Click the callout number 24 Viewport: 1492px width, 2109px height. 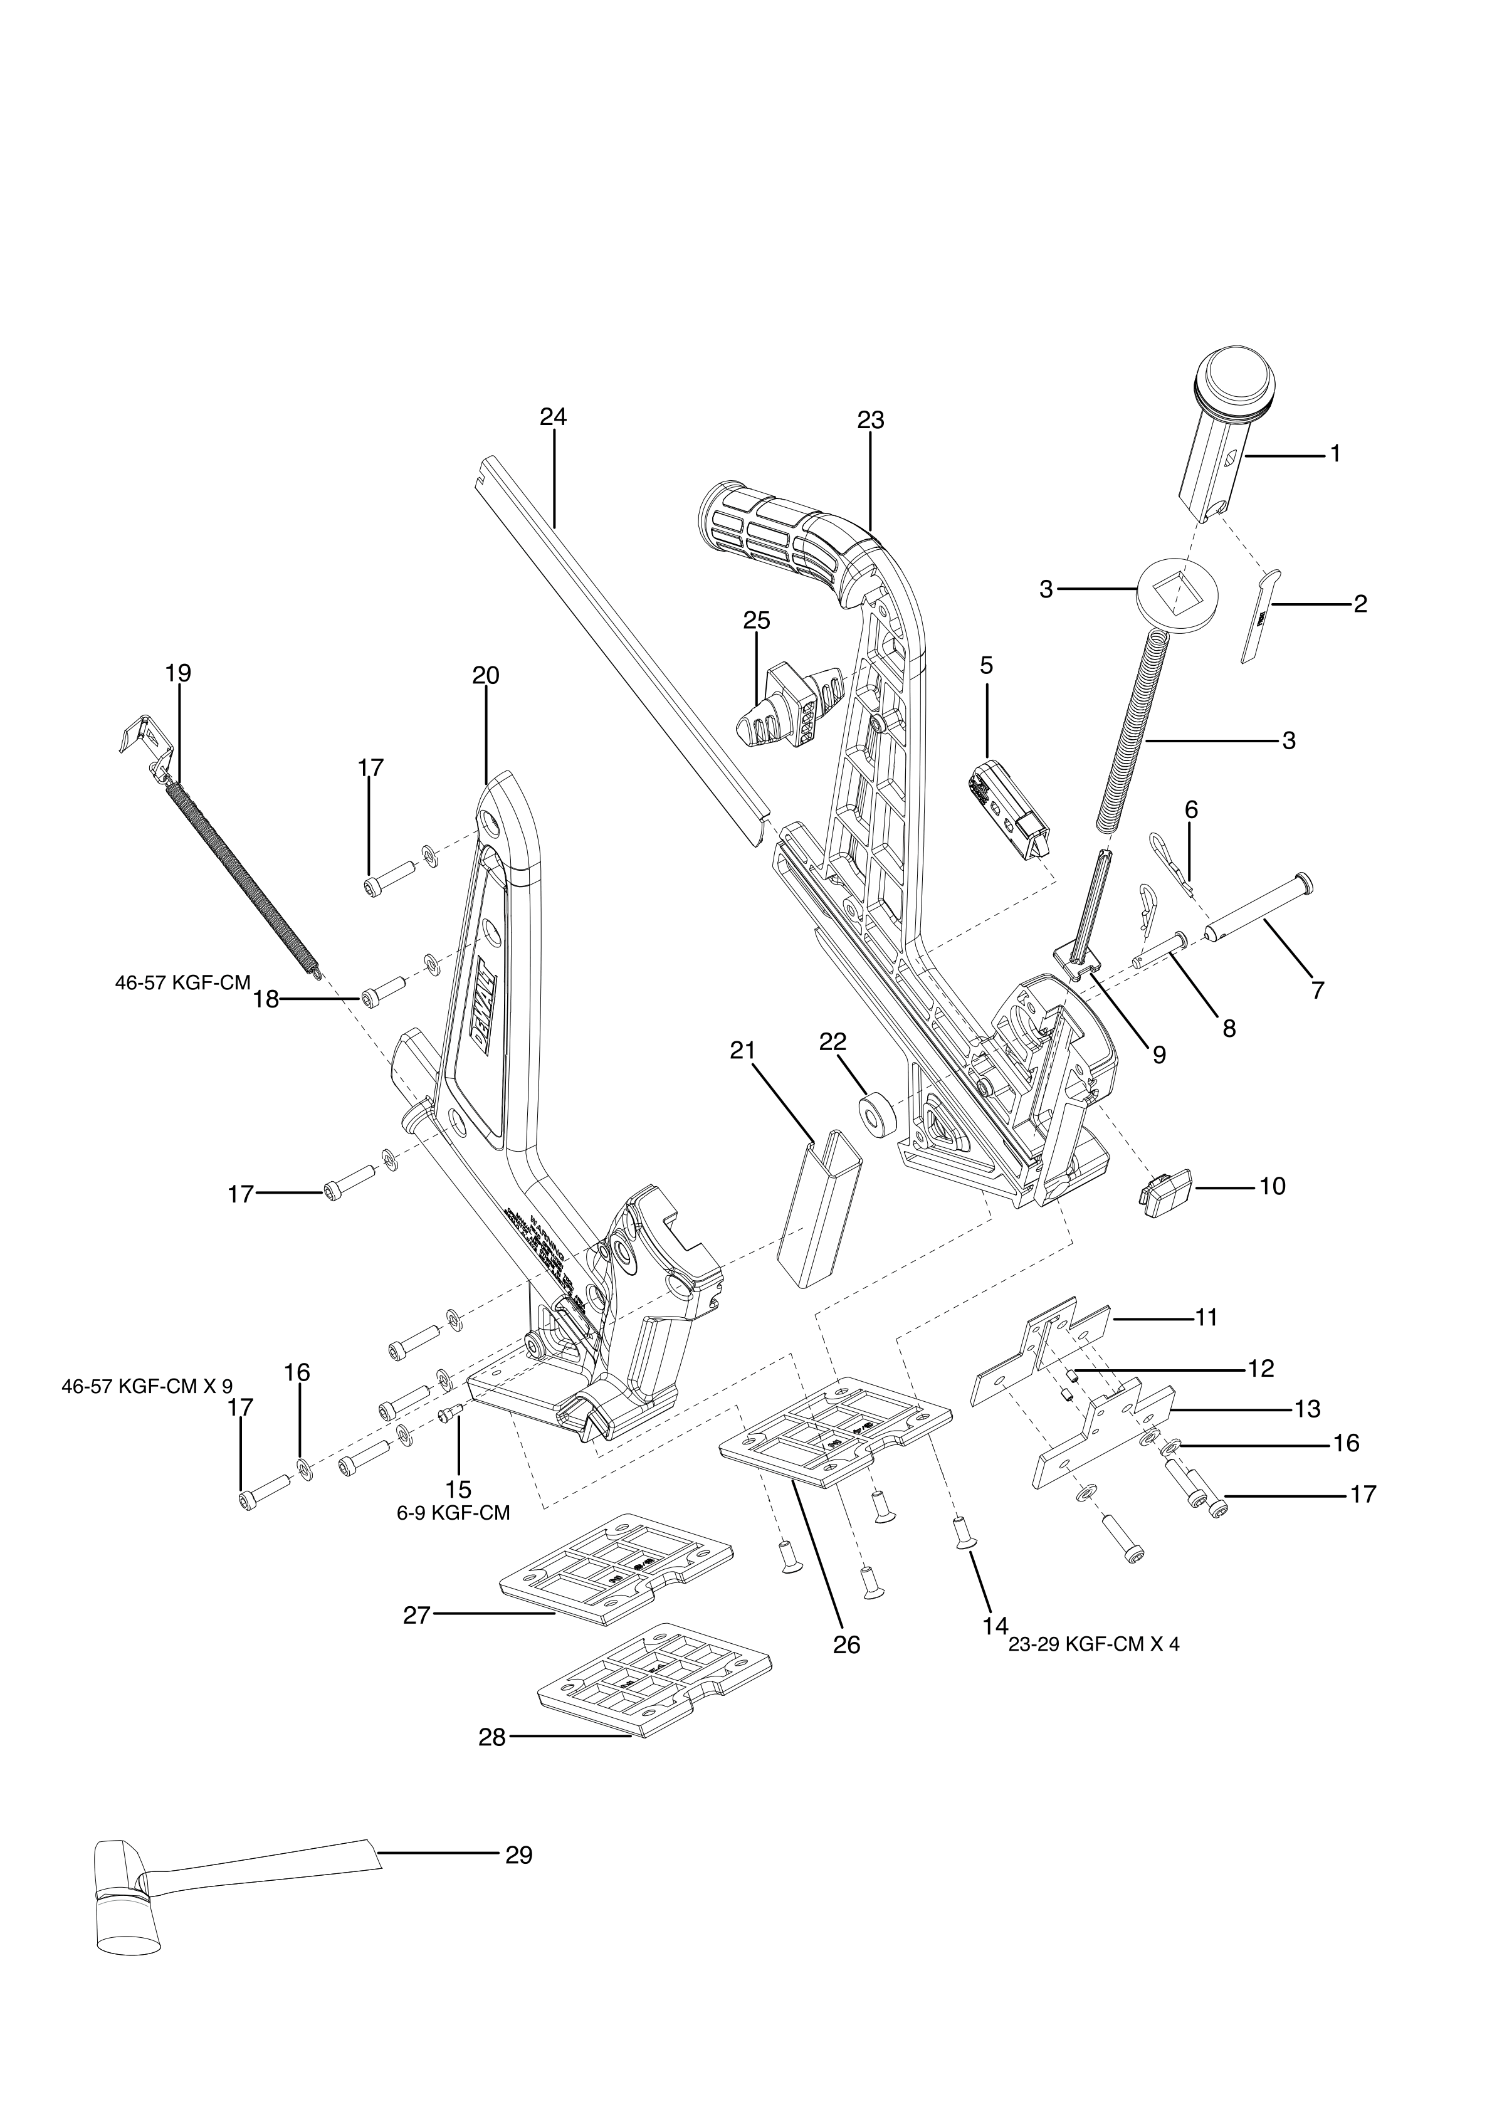pyautogui.click(x=553, y=417)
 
